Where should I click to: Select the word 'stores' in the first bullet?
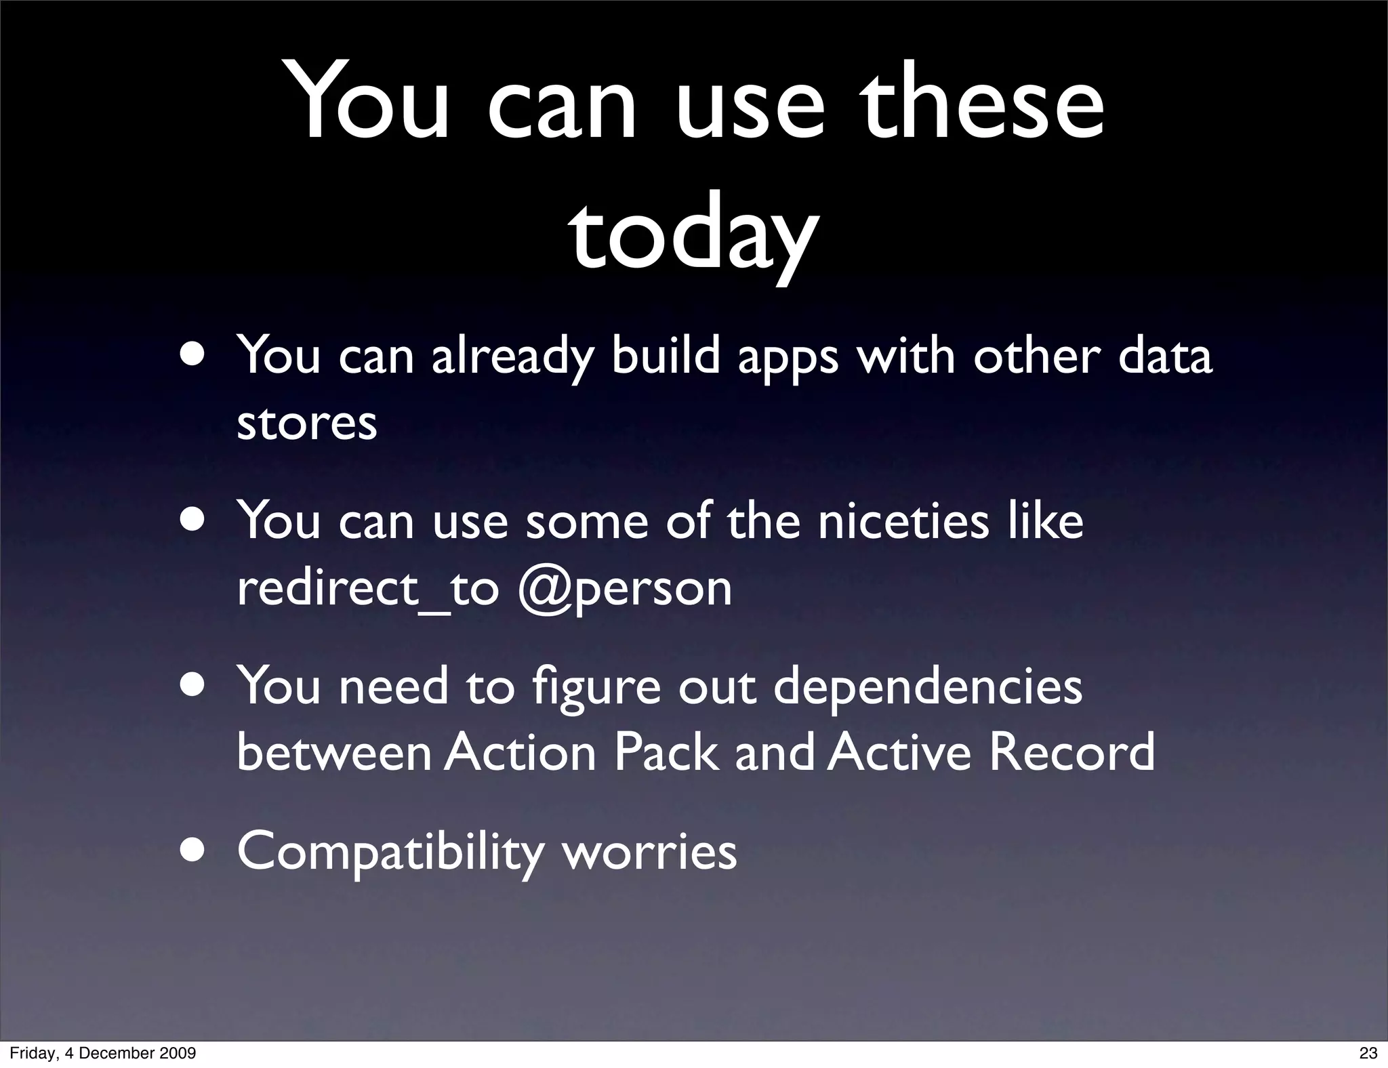[x=306, y=423]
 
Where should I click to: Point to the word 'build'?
[x=665, y=355]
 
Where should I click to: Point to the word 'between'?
[x=334, y=752]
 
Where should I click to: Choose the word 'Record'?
[x=1071, y=752]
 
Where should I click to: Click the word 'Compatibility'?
[x=390, y=853]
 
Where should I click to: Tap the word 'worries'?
[x=650, y=851]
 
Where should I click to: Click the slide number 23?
[x=1368, y=1053]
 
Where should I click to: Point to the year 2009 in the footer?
[x=178, y=1053]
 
